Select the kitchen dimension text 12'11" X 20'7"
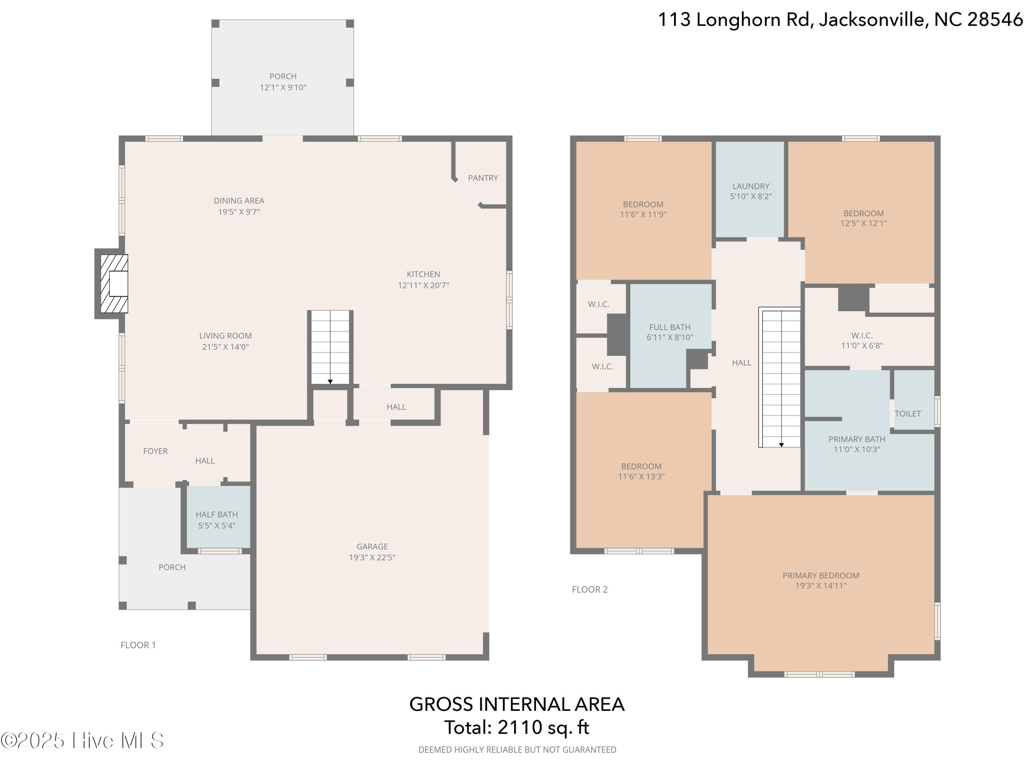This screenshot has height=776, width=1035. click(423, 285)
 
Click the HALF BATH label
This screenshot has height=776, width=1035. click(217, 515)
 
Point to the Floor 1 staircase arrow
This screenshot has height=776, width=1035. click(330, 382)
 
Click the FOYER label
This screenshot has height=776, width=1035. click(155, 451)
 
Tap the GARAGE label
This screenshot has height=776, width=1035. click(372, 546)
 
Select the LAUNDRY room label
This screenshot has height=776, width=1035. click(750, 186)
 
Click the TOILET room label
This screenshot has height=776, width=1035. click(907, 414)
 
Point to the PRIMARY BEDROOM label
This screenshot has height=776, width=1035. click(821, 575)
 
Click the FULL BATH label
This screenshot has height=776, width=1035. click(670, 327)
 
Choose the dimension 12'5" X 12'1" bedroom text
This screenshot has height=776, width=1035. click(863, 223)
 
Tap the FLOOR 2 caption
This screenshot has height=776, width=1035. click(590, 589)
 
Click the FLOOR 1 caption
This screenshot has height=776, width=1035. click(138, 645)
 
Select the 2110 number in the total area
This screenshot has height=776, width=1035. click(519, 727)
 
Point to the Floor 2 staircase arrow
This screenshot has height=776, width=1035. click(781, 445)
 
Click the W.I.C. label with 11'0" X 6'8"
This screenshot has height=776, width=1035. click(861, 335)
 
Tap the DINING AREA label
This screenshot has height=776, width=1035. click(239, 201)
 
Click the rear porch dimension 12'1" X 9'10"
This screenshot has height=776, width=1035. click(283, 88)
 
